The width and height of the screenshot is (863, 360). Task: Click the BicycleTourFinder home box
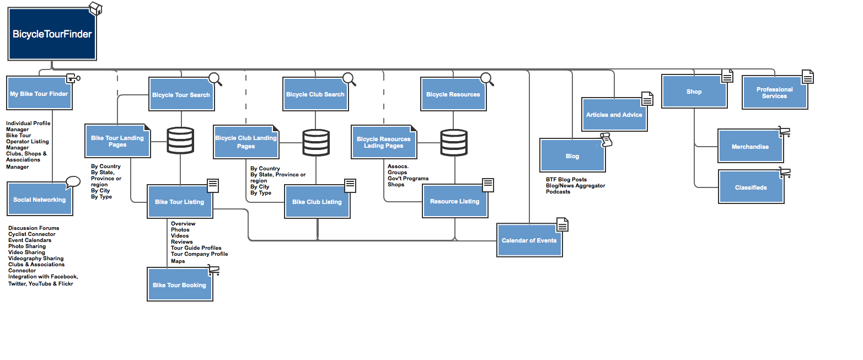[x=52, y=34]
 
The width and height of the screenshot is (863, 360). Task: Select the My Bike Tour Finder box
[x=39, y=94]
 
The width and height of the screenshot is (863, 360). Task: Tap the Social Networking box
[x=40, y=200]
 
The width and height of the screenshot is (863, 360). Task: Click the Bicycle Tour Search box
[x=181, y=95]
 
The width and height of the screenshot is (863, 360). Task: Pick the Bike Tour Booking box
[x=179, y=285]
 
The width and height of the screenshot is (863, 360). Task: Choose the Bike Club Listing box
[x=317, y=202]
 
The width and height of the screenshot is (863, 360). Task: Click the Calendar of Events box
[x=529, y=240]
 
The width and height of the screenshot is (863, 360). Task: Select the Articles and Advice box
[x=614, y=115]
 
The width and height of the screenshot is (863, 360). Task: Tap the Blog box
[x=572, y=156]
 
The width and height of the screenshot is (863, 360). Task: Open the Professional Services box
[x=774, y=93]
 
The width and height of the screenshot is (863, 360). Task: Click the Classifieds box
[x=751, y=187]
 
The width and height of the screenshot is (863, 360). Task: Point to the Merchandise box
[x=750, y=147]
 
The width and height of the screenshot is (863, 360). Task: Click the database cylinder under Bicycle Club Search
[x=316, y=143]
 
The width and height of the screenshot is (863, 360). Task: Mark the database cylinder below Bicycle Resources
[x=454, y=143]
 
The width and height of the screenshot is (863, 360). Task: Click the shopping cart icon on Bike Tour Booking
[x=213, y=271]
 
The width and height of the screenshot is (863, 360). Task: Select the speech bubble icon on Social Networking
[x=73, y=182]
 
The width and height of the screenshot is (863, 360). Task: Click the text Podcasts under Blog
[x=558, y=192]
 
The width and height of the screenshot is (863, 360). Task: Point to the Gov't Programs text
[x=408, y=179]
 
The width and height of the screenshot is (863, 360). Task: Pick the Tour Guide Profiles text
[x=196, y=248]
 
